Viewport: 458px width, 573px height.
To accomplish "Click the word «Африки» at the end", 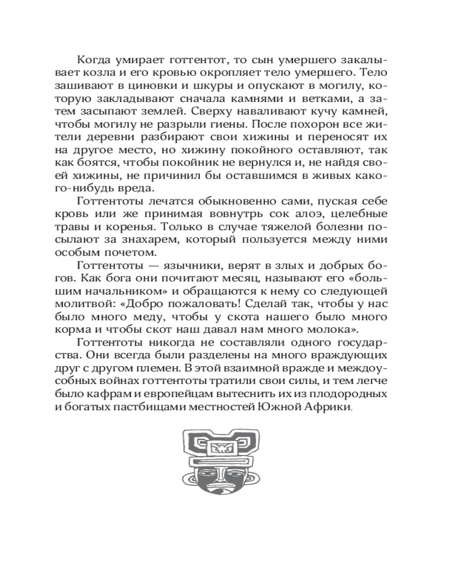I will [x=326, y=407].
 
